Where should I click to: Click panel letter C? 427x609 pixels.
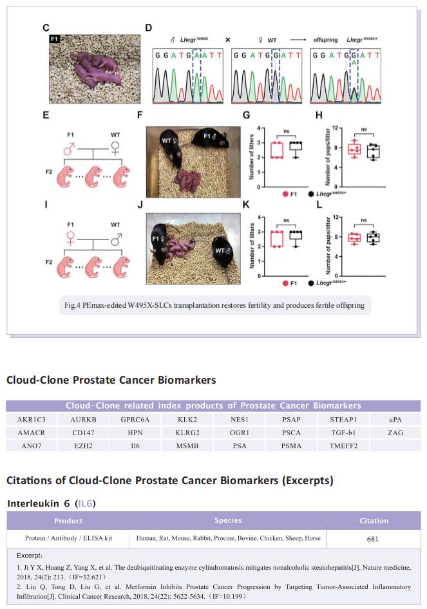(x=46, y=28)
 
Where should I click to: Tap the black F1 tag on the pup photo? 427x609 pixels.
(x=55, y=39)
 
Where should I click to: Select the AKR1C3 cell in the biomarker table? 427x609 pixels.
(x=32, y=420)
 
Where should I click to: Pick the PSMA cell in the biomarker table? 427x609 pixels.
(x=291, y=446)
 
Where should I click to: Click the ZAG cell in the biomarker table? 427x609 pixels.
(x=395, y=433)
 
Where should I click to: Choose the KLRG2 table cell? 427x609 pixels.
(x=187, y=433)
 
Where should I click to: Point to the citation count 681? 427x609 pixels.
(x=373, y=539)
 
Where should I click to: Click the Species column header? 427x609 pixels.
(x=228, y=520)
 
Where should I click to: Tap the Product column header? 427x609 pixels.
(x=68, y=521)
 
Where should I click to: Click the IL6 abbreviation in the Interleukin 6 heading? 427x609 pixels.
(x=85, y=503)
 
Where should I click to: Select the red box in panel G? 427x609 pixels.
(x=277, y=150)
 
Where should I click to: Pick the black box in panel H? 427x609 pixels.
(x=373, y=151)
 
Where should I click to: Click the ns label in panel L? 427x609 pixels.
(x=364, y=220)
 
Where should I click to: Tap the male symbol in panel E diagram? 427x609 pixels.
(x=69, y=148)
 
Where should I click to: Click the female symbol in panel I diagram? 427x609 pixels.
(x=70, y=238)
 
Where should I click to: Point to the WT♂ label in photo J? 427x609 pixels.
(x=223, y=250)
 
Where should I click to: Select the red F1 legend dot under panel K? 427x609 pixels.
(x=285, y=283)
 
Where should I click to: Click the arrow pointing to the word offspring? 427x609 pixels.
(x=298, y=40)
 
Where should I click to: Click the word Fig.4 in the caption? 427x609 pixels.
(x=72, y=305)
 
